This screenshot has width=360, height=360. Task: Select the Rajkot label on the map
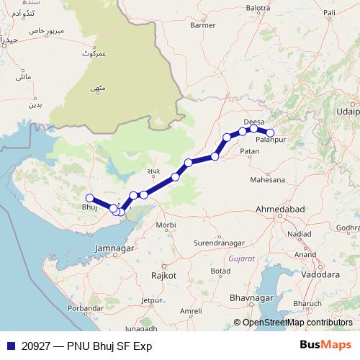pyautogui.click(x=159, y=276)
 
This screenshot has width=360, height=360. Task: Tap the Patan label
pyautogui.click(x=250, y=152)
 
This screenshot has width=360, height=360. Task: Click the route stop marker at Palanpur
pyautogui.click(x=271, y=132)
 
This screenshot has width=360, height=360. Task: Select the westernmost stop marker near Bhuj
pyautogui.click(x=90, y=198)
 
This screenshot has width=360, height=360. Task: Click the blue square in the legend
pyautogui.click(x=9, y=345)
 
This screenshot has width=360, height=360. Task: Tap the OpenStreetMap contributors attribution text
pyautogui.click(x=297, y=323)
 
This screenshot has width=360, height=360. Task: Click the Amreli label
pyautogui.click(x=191, y=310)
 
